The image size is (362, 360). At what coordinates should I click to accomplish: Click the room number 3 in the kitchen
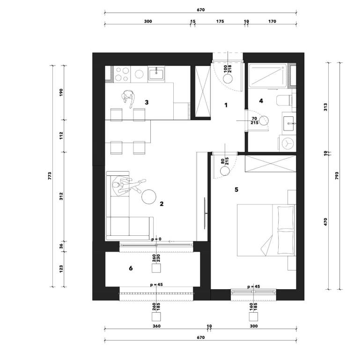147,102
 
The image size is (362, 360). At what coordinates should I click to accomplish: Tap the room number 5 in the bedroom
236,190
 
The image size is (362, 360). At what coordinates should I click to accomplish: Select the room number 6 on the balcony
131,268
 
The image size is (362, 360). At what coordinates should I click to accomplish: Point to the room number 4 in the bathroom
261,101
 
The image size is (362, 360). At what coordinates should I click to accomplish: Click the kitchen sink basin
156,74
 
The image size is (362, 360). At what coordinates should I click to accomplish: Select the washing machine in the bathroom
288,143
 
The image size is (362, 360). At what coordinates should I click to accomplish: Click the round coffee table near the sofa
148,196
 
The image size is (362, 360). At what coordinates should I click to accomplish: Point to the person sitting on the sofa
128,186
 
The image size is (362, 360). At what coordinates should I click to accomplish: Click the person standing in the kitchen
128,98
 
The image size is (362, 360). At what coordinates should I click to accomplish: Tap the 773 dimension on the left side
50,176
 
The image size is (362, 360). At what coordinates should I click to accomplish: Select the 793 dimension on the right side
337,176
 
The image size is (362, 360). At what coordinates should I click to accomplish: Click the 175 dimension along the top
220,21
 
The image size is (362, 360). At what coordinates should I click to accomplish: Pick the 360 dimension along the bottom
156,326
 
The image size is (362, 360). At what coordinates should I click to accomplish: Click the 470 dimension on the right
325,222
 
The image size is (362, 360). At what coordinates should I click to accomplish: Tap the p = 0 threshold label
156,239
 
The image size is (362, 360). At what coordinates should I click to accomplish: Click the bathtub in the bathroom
268,75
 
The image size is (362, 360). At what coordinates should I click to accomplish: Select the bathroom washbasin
288,121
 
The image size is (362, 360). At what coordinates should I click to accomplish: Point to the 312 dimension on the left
61,196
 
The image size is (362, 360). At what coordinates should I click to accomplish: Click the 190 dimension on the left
61,92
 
